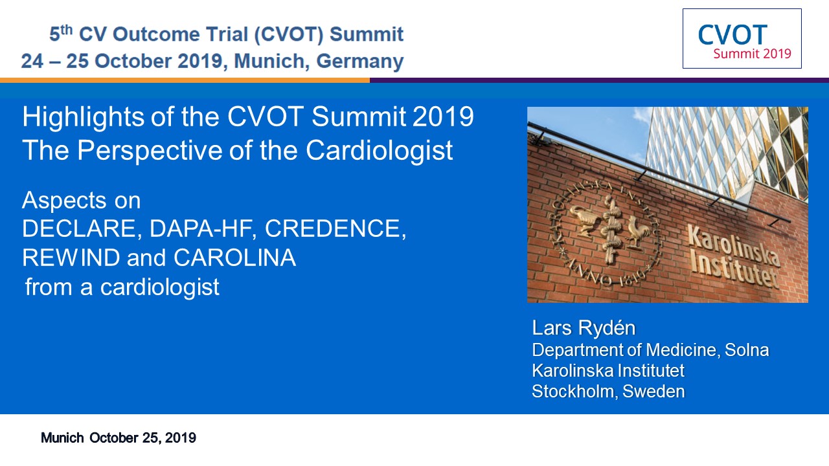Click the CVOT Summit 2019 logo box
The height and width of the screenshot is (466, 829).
tap(742, 39)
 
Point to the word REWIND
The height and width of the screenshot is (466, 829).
tap(71, 258)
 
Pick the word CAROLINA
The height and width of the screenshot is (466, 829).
tap(234, 258)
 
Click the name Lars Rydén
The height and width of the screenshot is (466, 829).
tap(579, 328)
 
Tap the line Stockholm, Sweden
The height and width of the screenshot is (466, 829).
tap(608, 392)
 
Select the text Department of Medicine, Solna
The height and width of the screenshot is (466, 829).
tap(650, 350)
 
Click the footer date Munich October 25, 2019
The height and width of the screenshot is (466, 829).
tap(119, 438)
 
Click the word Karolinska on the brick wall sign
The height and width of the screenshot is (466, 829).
tap(732, 245)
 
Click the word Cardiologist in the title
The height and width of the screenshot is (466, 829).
tap(379, 151)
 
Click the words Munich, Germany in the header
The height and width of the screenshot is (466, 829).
tap(319, 61)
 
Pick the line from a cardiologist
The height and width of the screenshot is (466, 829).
tap(122, 287)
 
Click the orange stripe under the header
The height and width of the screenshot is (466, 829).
tap(185, 80)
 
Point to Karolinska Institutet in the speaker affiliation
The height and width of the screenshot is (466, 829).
tap(608, 371)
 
